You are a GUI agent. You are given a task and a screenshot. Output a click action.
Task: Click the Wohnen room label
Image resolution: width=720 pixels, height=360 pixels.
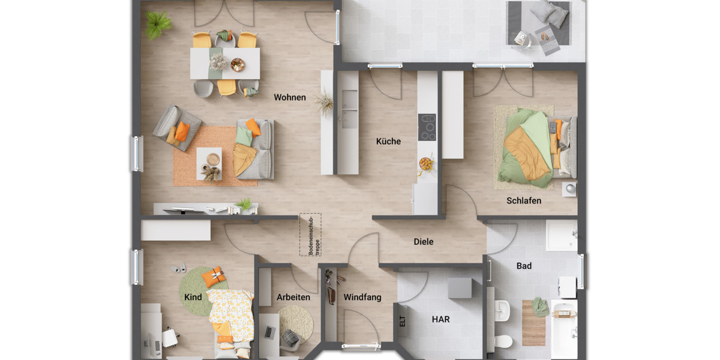(290, 97)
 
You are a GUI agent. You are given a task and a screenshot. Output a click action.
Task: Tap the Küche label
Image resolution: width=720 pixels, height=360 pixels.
(388, 142)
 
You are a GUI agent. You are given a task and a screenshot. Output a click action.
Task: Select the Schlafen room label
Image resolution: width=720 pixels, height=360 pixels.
(523, 200)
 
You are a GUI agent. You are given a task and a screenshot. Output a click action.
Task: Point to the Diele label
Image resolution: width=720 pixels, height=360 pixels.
(423, 242)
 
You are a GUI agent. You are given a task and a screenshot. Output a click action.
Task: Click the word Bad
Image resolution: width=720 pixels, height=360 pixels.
(524, 266)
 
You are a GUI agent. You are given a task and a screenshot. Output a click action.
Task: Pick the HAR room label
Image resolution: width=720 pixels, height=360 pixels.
(440, 320)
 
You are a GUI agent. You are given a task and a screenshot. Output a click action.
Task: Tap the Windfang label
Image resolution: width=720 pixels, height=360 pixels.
(362, 297)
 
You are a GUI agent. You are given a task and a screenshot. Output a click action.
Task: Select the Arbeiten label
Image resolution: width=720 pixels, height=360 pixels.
(293, 297)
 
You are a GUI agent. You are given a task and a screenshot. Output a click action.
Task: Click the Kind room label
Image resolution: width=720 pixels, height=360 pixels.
(193, 297)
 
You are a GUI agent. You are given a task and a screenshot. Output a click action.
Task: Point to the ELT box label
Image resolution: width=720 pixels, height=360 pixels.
(402, 321)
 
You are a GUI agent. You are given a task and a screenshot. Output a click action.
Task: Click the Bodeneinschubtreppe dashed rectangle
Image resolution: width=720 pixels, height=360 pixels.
(310, 234)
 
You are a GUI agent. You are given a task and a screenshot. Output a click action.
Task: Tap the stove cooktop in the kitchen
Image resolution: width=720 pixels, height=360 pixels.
(427, 127)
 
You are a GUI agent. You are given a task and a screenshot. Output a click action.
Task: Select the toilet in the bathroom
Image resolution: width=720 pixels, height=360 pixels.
(503, 341)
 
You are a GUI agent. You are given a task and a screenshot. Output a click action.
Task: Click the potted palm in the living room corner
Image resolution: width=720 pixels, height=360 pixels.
(158, 25)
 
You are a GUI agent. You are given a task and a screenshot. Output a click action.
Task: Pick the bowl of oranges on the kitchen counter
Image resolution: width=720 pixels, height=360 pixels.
(425, 163)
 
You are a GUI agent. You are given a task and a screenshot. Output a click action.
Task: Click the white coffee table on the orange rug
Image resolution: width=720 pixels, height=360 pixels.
(209, 164)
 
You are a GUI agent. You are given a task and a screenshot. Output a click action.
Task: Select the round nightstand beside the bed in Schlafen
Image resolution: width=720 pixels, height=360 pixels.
(569, 189)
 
